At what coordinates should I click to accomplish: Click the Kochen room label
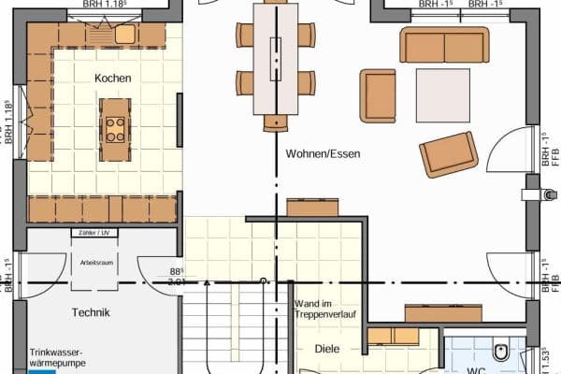[112, 79]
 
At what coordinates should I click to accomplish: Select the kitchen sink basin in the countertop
[124, 35]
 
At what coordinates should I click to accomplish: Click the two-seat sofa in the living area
[444, 45]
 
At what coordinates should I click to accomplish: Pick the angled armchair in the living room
[451, 153]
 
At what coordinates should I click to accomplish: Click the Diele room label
[327, 350]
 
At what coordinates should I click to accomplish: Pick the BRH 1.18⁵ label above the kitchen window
[105, 4]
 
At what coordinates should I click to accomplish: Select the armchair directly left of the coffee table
[380, 94]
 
